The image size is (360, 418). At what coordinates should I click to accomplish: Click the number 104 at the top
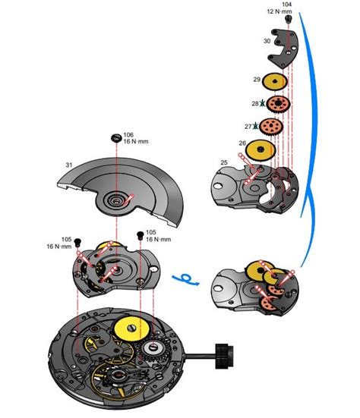coord(286,4)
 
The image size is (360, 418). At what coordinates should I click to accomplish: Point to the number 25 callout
coord(224,163)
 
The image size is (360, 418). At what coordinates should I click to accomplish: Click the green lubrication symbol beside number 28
coord(262,104)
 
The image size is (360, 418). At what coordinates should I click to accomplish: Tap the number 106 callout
coord(130,134)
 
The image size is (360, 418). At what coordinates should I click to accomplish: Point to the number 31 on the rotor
coord(68,165)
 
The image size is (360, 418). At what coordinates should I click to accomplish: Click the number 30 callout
coord(267,41)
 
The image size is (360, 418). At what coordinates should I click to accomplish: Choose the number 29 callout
coord(257,79)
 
